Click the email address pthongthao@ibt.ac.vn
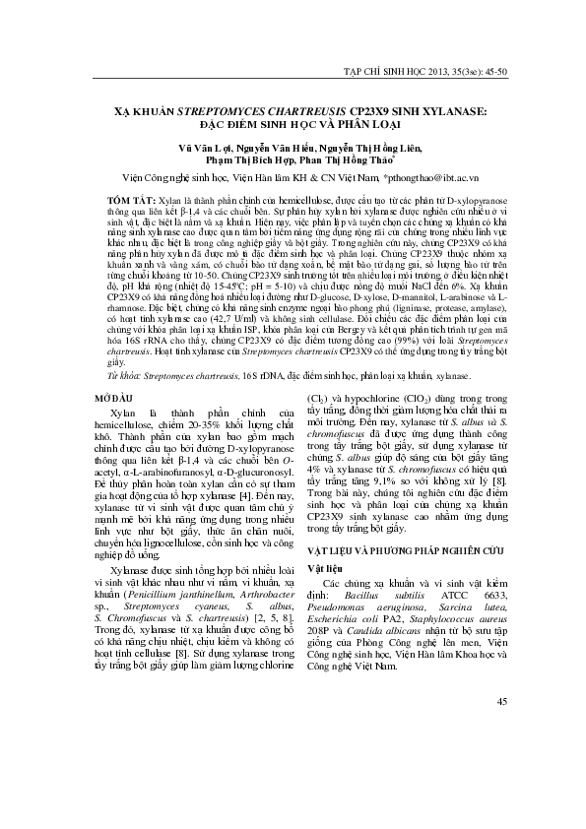tap(433, 177)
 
